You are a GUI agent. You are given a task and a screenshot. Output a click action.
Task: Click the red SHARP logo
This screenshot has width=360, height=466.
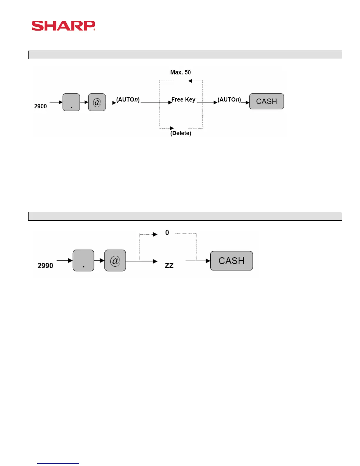click(x=63, y=26)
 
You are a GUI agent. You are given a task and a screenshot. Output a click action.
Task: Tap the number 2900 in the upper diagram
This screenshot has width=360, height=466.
click(x=40, y=106)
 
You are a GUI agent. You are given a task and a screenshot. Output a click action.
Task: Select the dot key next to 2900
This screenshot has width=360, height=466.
click(x=71, y=102)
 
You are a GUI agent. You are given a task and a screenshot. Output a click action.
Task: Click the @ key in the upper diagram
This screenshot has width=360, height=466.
click(x=97, y=102)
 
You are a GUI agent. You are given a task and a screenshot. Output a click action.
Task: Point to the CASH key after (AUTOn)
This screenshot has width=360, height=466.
click(x=266, y=101)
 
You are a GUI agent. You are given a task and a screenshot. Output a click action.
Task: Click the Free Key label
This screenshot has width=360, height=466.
click(x=183, y=100)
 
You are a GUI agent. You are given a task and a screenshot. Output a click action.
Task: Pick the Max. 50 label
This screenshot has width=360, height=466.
click(x=180, y=72)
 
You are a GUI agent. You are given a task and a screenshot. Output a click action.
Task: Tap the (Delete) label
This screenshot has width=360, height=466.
click(x=181, y=133)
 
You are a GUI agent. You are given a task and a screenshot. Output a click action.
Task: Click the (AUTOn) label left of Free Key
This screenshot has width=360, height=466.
click(x=128, y=100)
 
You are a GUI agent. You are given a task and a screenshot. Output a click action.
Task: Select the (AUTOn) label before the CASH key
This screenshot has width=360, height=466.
click(x=229, y=100)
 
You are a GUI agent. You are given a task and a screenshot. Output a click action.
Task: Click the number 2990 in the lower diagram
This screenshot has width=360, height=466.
click(x=45, y=266)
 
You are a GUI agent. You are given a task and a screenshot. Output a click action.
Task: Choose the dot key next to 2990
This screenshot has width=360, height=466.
click(x=83, y=261)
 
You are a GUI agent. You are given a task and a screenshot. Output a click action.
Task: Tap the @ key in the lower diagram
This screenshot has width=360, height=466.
click(x=115, y=261)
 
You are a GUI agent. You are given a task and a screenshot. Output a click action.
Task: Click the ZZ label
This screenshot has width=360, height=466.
click(x=169, y=266)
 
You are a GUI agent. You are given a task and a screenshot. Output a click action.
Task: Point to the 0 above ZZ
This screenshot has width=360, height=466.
click(x=167, y=233)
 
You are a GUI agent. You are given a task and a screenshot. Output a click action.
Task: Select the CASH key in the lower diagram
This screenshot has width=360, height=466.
click(x=231, y=261)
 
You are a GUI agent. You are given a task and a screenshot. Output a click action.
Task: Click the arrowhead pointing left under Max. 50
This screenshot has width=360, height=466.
click(x=190, y=81)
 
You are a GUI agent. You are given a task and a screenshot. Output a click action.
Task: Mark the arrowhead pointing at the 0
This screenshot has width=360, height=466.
click(x=155, y=234)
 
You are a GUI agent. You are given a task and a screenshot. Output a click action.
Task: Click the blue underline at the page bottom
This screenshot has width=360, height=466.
click(x=58, y=463)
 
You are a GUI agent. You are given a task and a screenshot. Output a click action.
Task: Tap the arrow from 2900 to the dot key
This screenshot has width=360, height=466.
click(x=56, y=102)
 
